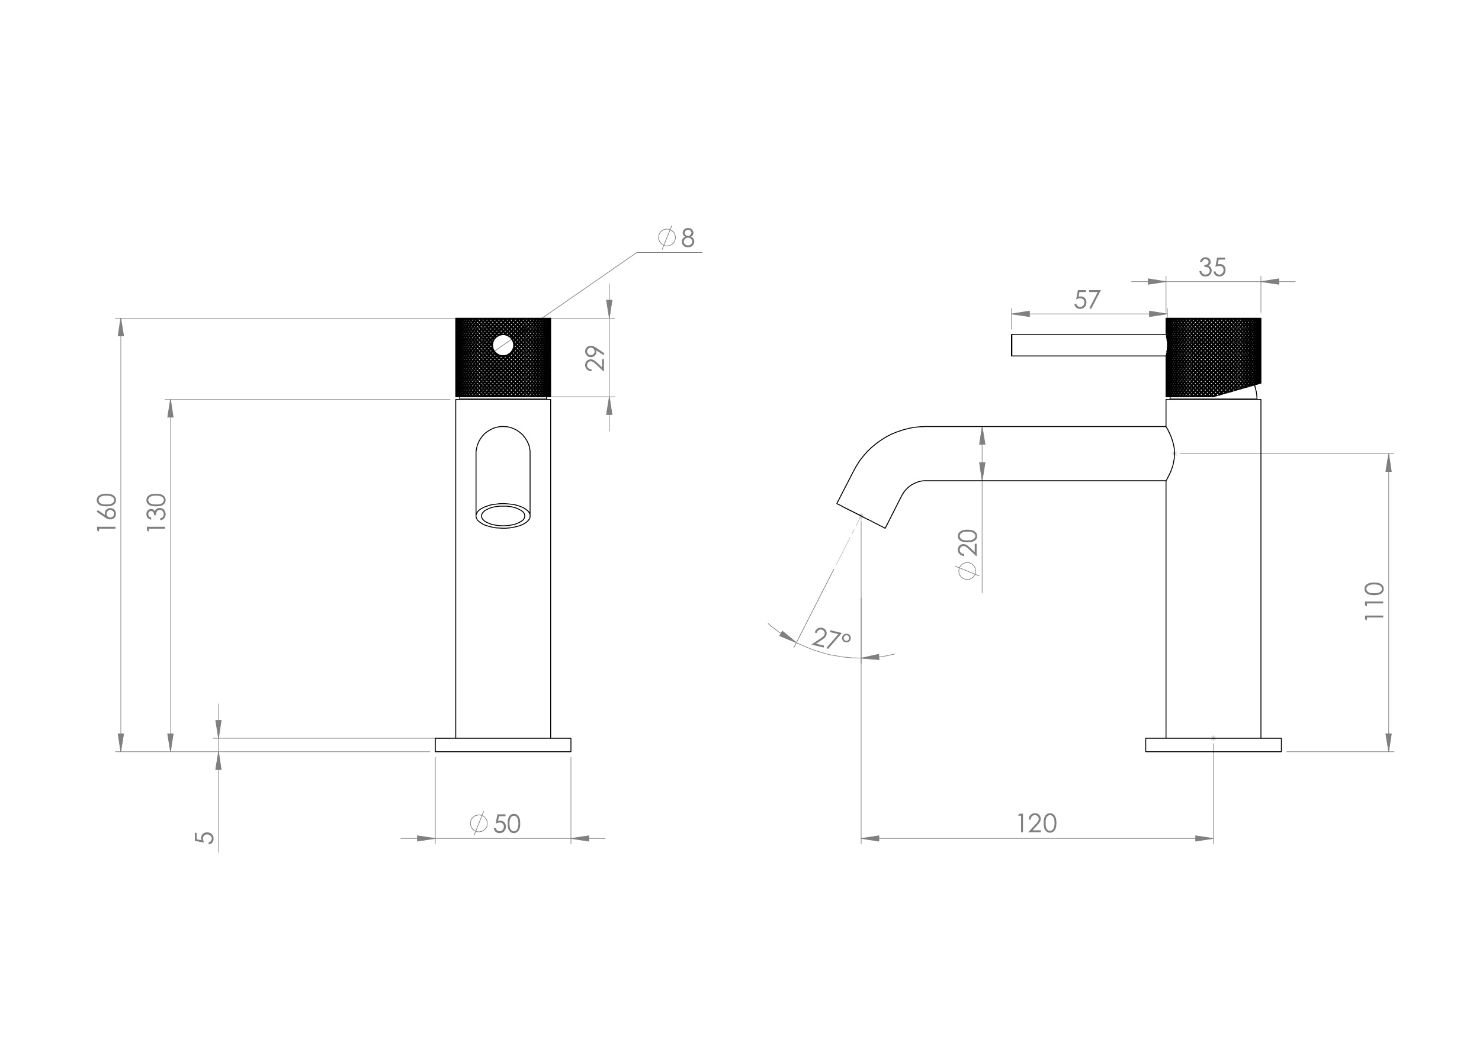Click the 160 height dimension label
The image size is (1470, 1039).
click(107, 512)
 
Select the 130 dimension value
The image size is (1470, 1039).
click(157, 512)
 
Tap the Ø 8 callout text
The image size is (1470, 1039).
click(677, 237)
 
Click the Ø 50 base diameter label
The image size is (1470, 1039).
click(496, 824)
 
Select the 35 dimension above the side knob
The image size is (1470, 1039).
click(1212, 268)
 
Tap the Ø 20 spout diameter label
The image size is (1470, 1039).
click(968, 554)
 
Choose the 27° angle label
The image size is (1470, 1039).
click(832, 638)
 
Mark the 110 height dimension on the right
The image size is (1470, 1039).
click(1375, 600)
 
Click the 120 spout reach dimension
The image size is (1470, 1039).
click(1036, 824)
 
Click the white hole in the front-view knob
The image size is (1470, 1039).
click(503, 345)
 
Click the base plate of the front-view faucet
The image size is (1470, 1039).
click(503, 745)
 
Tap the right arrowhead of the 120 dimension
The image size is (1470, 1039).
click(1203, 839)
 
